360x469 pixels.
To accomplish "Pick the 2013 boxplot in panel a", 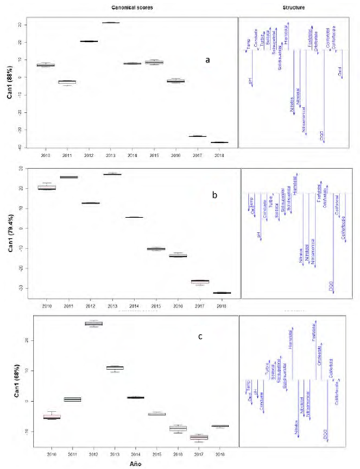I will pyautogui.click(x=111, y=23).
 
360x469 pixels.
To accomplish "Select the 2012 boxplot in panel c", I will pyautogui.click(x=93, y=324).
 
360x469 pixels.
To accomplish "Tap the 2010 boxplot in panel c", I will pyautogui.click(x=52, y=417).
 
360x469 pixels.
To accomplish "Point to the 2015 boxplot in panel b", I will pyautogui.click(x=156, y=249).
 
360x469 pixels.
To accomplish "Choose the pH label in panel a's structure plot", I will pyautogui.click(x=250, y=81).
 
